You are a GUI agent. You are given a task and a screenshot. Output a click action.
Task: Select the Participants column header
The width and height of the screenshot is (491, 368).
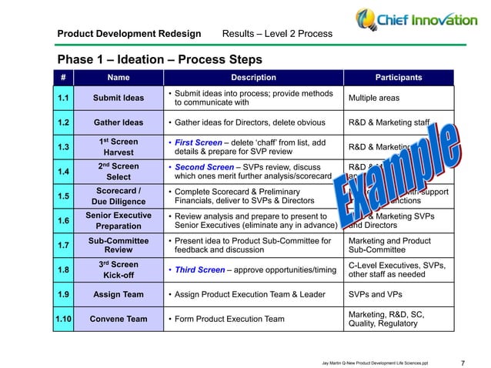click(398, 77)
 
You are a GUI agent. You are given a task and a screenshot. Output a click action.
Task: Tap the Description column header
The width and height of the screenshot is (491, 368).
click(254, 77)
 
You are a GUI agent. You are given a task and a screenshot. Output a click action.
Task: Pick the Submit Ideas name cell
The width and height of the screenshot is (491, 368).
click(118, 99)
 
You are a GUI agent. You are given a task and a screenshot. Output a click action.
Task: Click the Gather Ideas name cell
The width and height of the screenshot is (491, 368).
click(118, 122)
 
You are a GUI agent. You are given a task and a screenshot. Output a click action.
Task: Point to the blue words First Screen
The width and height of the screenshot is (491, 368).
click(199, 142)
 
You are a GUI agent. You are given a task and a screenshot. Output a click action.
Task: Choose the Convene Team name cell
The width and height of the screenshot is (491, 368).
click(118, 319)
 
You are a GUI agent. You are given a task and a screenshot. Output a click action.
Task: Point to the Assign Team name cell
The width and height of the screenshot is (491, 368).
click(118, 294)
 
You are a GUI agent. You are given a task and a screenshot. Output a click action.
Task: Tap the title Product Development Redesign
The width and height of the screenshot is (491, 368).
click(129, 34)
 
